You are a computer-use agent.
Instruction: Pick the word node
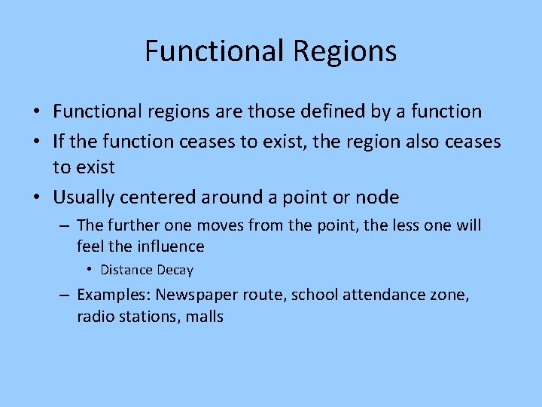[x=377, y=197]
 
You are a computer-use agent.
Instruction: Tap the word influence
[x=170, y=246]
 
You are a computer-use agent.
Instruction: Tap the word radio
[x=94, y=316]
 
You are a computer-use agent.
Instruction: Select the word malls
[x=204, y=316]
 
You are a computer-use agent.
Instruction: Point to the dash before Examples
[x=65, y=295]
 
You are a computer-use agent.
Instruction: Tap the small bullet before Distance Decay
[x=89, y=270]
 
